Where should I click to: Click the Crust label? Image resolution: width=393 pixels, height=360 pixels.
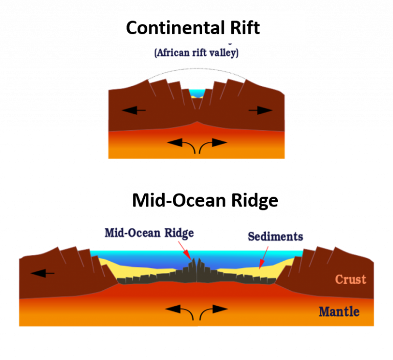pos(351,279)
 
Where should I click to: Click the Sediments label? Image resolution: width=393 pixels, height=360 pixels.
pos(275,237)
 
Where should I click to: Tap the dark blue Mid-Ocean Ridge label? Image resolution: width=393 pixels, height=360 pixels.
pos(149,233)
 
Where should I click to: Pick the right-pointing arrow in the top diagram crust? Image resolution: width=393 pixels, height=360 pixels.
pos(261,110)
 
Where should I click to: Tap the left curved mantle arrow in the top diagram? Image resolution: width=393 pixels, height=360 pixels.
pos(182,145)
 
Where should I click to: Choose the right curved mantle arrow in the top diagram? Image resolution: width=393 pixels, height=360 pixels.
pos(211,145)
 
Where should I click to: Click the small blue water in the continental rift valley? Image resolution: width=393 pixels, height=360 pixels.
pos(197,93)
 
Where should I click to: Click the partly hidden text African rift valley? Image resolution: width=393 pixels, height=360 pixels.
pos(196,53)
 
